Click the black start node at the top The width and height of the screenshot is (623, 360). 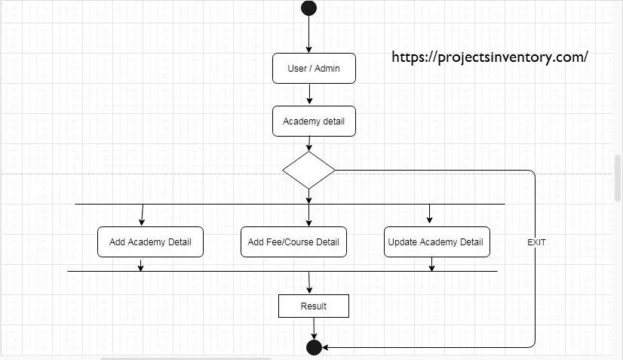tap(308, 8)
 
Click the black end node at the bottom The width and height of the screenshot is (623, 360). tap(315, 347)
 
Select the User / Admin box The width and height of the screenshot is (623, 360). tap(314, 69)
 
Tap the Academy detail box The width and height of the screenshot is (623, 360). tap(314, 122)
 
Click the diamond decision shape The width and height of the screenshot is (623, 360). tap(308, 170)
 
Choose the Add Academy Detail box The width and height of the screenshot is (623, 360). tap(150, 242)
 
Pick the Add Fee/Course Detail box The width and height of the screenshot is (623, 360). tap(293, 242)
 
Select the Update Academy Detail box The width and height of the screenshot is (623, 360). tap(436, 242)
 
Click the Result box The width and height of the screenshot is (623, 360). tap(314, 306)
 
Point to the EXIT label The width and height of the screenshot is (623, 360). tap(536, 242)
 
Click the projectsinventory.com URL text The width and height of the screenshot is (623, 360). tap(489, 57)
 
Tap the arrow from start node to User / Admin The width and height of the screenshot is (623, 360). tap(308, 34)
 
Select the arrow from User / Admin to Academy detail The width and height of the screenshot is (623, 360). tap(309, 94)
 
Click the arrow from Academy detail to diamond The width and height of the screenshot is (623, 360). tap(309, 143)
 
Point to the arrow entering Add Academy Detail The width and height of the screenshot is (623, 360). tap(141, 215)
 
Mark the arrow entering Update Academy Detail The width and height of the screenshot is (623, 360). tap(430, 214)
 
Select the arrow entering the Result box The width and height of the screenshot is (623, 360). tap(309, 282)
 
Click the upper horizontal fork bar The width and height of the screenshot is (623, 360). tap(226, 204)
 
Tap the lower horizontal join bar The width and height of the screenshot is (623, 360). tap(226, 271)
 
